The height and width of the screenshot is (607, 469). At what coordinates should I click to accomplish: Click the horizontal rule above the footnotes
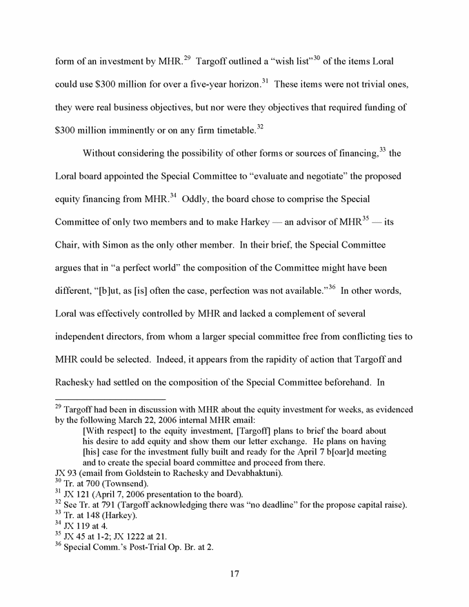[x=110, y=399]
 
